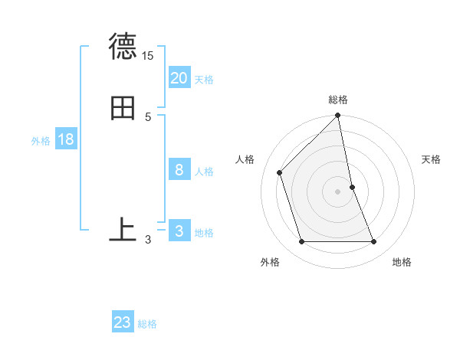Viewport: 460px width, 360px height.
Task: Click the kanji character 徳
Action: tap(123, 47)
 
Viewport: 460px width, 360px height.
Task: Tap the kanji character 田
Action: tap(123, 108)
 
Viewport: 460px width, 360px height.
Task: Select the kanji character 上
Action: tap(123, 229)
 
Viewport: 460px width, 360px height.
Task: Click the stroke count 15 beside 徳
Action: tap(148, 56)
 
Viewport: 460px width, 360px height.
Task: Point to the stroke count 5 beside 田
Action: tap(148, 116)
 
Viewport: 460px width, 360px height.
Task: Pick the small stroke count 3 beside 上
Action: tap(148, 240)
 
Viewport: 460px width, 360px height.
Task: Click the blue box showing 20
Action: tap(179, 77)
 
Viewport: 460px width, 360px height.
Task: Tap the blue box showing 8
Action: tap(179, 170)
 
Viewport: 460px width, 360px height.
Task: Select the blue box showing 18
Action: tap(65, 139)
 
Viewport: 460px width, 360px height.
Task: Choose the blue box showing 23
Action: tap(123, 322)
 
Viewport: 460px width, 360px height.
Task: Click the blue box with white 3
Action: tap(179, 231)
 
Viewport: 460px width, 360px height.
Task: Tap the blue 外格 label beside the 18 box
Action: tap(41, 140)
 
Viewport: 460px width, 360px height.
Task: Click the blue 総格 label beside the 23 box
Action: tap(147, 324)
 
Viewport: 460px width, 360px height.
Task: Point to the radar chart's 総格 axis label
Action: tap(338, 100)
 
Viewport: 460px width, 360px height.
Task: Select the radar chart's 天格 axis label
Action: tap(432, 159)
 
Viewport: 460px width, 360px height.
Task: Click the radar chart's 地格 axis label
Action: tap(402, 262)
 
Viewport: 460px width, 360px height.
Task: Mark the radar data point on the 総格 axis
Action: tap(338, 116)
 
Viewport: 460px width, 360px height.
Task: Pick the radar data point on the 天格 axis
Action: tap(352, 187)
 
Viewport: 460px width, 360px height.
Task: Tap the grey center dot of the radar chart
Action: tap(338, 191)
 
